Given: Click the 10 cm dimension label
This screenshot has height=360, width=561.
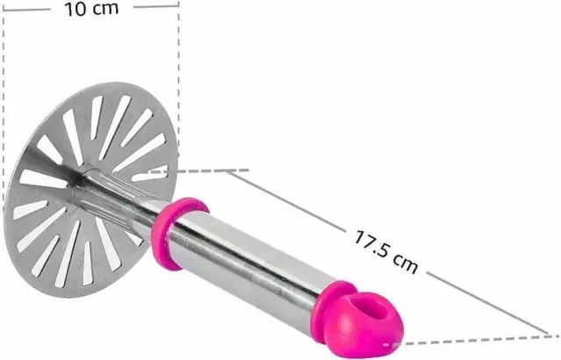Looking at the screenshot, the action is pos(91,9).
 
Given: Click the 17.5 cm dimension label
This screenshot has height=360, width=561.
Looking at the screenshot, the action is pos(386,252).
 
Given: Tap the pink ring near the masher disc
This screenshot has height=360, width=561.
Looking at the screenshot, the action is pos(177,233).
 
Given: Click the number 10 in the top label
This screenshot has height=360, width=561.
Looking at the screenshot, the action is pos(76,9).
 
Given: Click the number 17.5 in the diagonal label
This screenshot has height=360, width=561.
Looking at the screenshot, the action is pos(371,243).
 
